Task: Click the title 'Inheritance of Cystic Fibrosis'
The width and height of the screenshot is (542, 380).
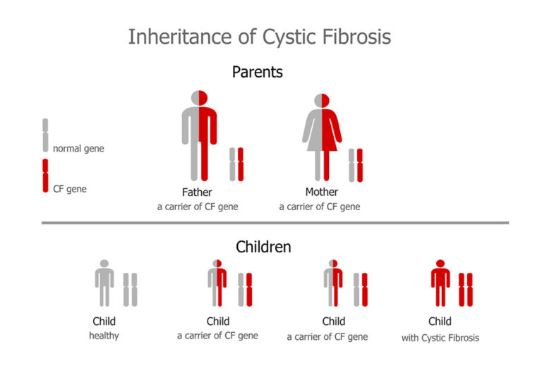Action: [x=259, y=36]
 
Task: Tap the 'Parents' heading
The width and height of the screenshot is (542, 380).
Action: [x=258, y=72]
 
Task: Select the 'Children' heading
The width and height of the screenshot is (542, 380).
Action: [x=263, y=247]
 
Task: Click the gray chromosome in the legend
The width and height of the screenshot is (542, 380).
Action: [x=45, y=135]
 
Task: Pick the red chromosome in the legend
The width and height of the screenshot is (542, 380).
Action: [x=45, y=176]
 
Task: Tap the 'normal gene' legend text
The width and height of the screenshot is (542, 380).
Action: [x=78, y=149]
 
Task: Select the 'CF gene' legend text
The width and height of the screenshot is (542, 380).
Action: [x=70, y=188]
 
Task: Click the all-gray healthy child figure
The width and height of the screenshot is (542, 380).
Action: [x=104, y=283]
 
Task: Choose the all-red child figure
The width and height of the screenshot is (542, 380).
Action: [x=440, y=283]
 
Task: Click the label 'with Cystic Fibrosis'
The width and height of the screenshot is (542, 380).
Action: [x=440, y=338]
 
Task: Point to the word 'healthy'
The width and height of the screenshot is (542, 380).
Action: [x=104, y=336]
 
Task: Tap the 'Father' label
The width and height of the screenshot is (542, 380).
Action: [x=197, y=192]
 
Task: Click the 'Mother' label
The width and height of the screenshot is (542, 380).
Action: [x=321, y=192]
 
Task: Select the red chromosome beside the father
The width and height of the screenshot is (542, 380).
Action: [x=241, y=164]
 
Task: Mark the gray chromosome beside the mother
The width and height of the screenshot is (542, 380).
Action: [x=351, y=165]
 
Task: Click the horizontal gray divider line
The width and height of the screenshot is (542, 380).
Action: [x=275, y=223]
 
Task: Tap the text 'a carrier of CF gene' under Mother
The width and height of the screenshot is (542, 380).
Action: [x=320, y=207]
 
